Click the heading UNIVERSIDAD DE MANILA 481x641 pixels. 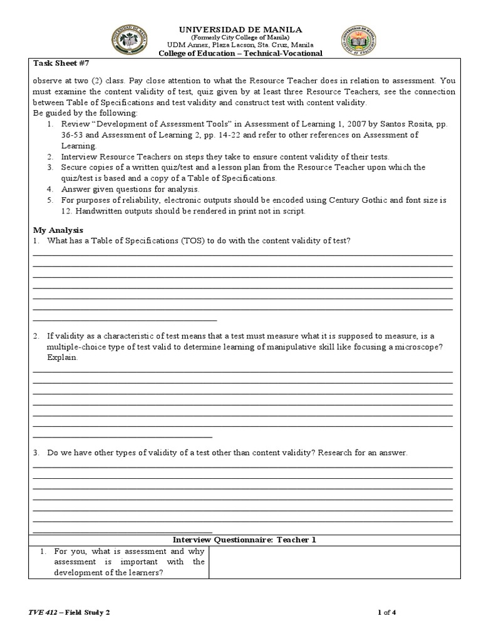[x=241, y=29]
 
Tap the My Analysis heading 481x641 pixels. [x=58, y=230]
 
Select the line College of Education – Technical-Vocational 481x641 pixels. [x=241, y=53]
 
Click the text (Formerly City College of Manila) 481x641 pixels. [x=241, y=38]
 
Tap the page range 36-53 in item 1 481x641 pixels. [x=73, y=135]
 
